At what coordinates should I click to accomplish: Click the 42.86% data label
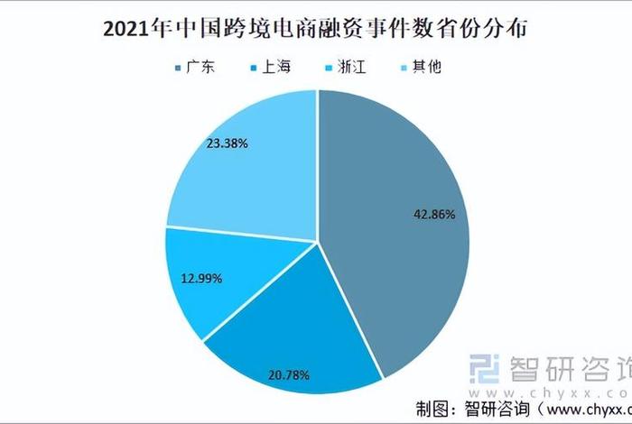[421, 216]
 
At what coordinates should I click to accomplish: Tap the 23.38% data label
[227, 143]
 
